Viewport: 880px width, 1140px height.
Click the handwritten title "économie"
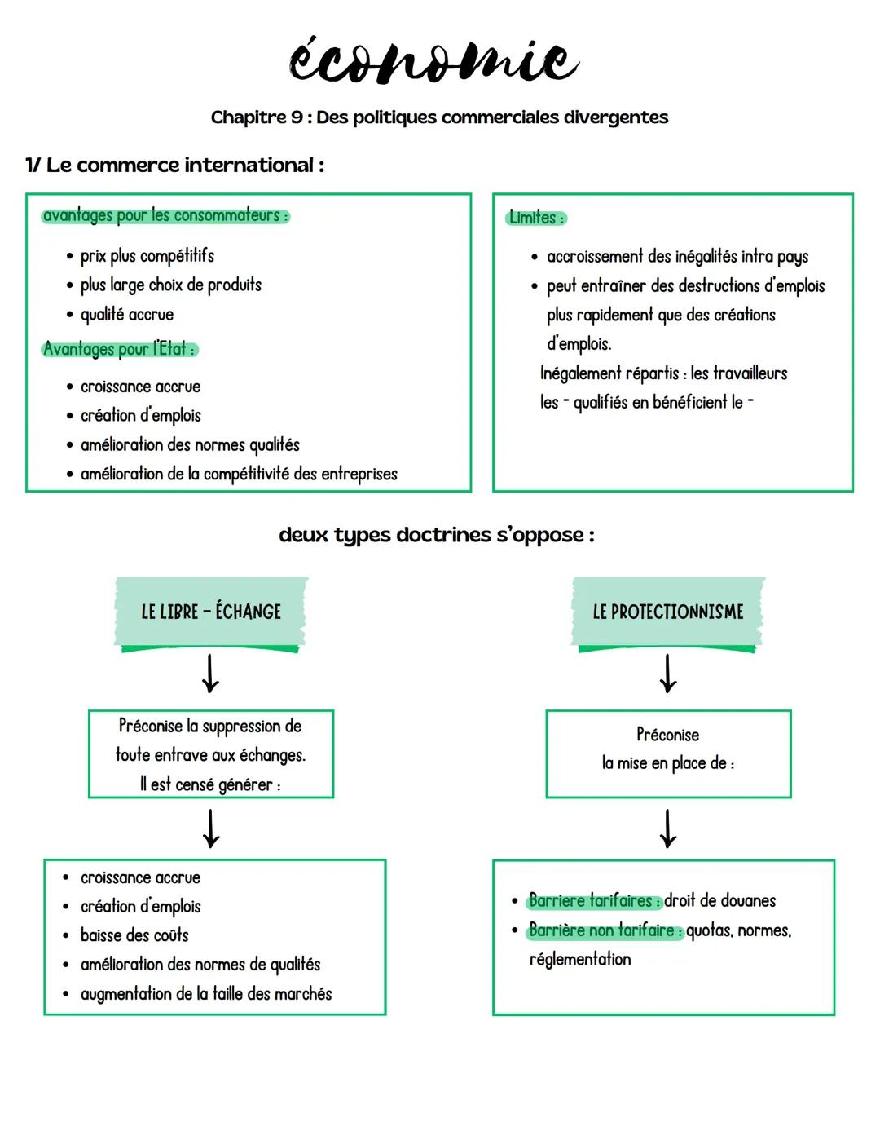coord(433,60)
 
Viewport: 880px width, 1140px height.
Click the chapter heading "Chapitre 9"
coord(257,117)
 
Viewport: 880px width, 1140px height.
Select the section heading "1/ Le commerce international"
coord(174,166)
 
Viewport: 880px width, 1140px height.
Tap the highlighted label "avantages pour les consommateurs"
coord(165,216)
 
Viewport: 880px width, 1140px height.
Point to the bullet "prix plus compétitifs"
coord(147,256)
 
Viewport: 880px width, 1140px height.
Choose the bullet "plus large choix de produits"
coord(170,285)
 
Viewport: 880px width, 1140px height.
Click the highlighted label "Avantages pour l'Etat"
coord(119,349)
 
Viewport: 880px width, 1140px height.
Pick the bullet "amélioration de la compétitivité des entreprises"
coord(238,474)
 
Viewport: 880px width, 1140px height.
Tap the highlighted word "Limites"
coord(535,218)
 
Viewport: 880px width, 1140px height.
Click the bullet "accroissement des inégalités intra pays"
coord(677,257)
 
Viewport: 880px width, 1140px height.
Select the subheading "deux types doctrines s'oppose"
coord(436,535)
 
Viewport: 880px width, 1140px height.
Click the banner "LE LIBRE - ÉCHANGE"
coord(211,612)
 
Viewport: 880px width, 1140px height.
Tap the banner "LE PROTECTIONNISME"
coord(668,612)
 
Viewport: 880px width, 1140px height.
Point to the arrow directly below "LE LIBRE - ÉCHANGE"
coord(210,674)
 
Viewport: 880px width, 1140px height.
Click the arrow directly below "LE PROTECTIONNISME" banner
coord(668,674)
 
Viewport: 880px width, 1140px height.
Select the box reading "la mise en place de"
coord(668,753)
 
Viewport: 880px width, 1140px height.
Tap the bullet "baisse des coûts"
coord(134,935)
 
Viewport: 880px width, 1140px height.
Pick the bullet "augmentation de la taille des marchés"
coord(205,994)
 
